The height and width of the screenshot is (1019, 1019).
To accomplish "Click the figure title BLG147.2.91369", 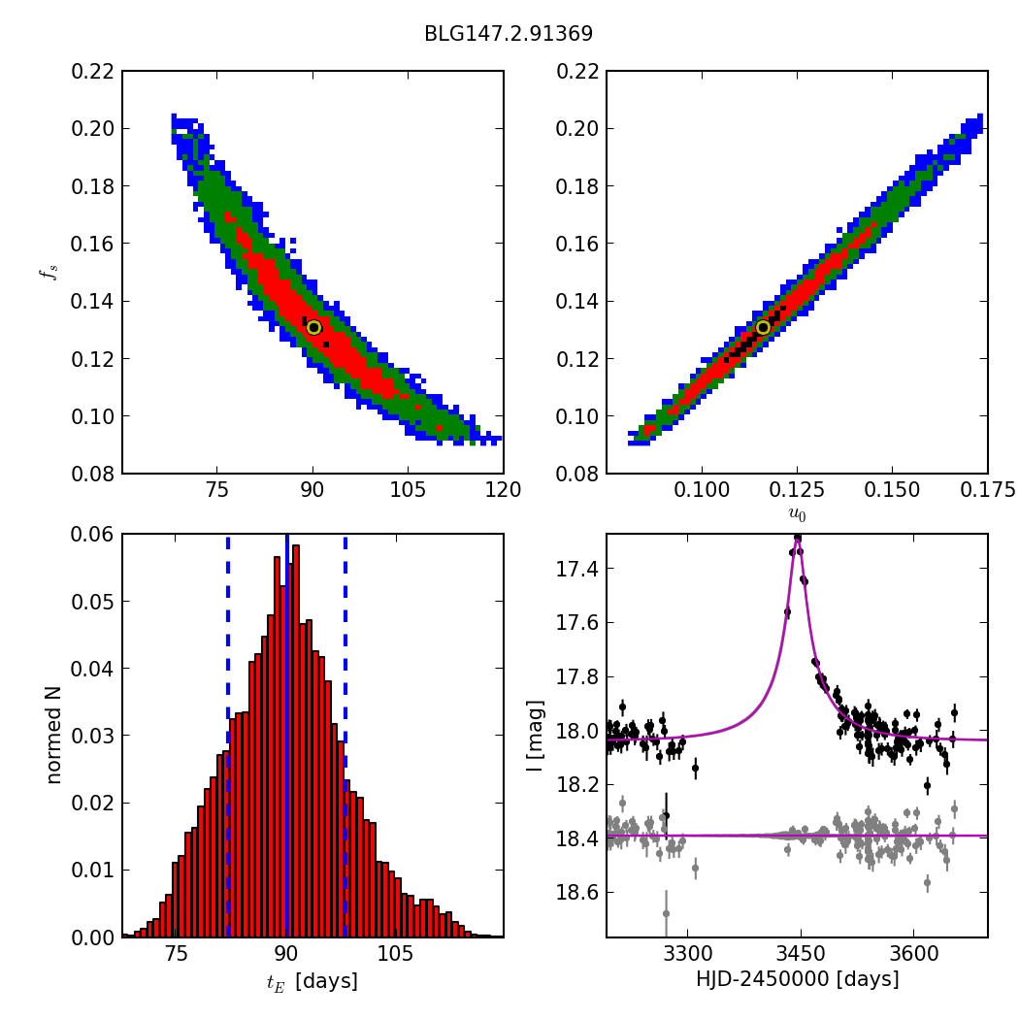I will point(509,34).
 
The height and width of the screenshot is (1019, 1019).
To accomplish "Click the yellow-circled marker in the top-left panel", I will point(313,327).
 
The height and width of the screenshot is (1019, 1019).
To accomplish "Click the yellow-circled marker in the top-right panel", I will point(763,327).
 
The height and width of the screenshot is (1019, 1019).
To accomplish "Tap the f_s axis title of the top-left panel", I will point(46,273).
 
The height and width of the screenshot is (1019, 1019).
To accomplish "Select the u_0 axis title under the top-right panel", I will point(797,514).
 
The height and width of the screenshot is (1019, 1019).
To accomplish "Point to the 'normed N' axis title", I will point(53,735).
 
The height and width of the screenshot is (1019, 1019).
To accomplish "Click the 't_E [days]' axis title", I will point(312,981).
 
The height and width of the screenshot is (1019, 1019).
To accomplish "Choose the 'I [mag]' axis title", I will point(535,736).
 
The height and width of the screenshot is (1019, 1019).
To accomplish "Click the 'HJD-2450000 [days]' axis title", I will point(797,980).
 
